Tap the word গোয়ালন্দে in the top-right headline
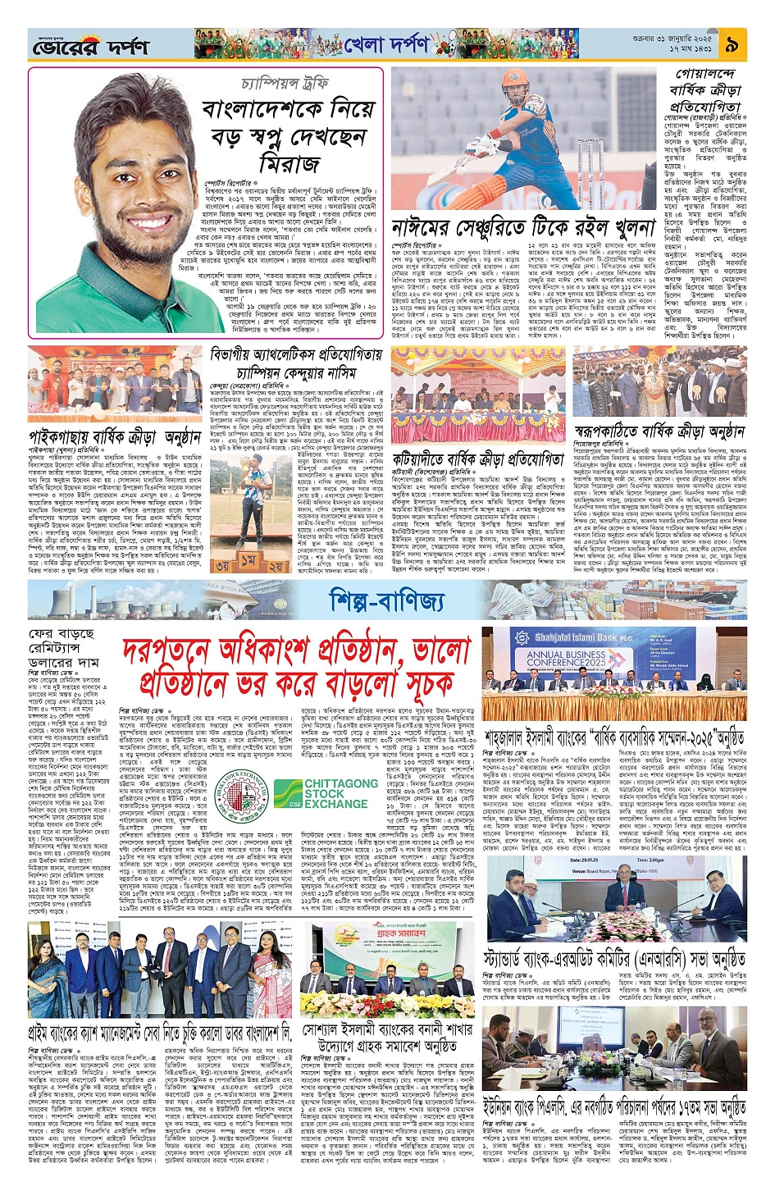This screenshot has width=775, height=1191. (x=707, y=74)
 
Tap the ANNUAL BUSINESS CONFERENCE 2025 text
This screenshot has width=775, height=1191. (x=566, y=659)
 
